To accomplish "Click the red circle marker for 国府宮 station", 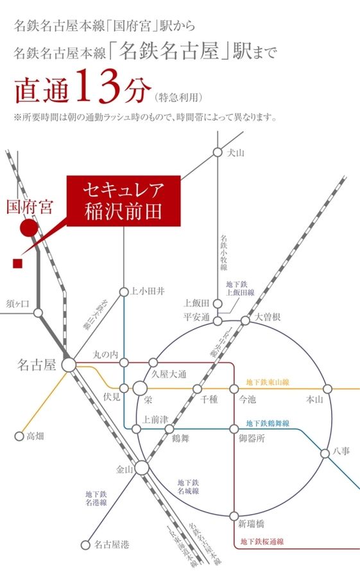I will click(x=28, y=227).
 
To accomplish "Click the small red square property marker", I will click(x=17, y=263).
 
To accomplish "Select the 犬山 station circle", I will click(x=218, y=153).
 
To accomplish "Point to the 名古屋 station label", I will click(x=40, y=365).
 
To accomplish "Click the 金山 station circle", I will click(x=141, y=468).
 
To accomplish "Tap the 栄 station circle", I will click(x=141, y=389).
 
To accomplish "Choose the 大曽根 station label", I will click(x=268, y=317).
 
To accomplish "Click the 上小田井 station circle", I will click(x=124, y=292).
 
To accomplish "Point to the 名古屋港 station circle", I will click(x=85, y=545).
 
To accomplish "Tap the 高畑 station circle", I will click(x=19, y=436).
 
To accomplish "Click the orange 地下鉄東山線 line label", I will click(x=268, y=382).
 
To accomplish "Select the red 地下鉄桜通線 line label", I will click(x=260, y=541).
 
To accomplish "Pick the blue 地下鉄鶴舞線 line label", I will click(x=268, y=424).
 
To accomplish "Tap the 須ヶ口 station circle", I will click(x=38, y=313).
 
